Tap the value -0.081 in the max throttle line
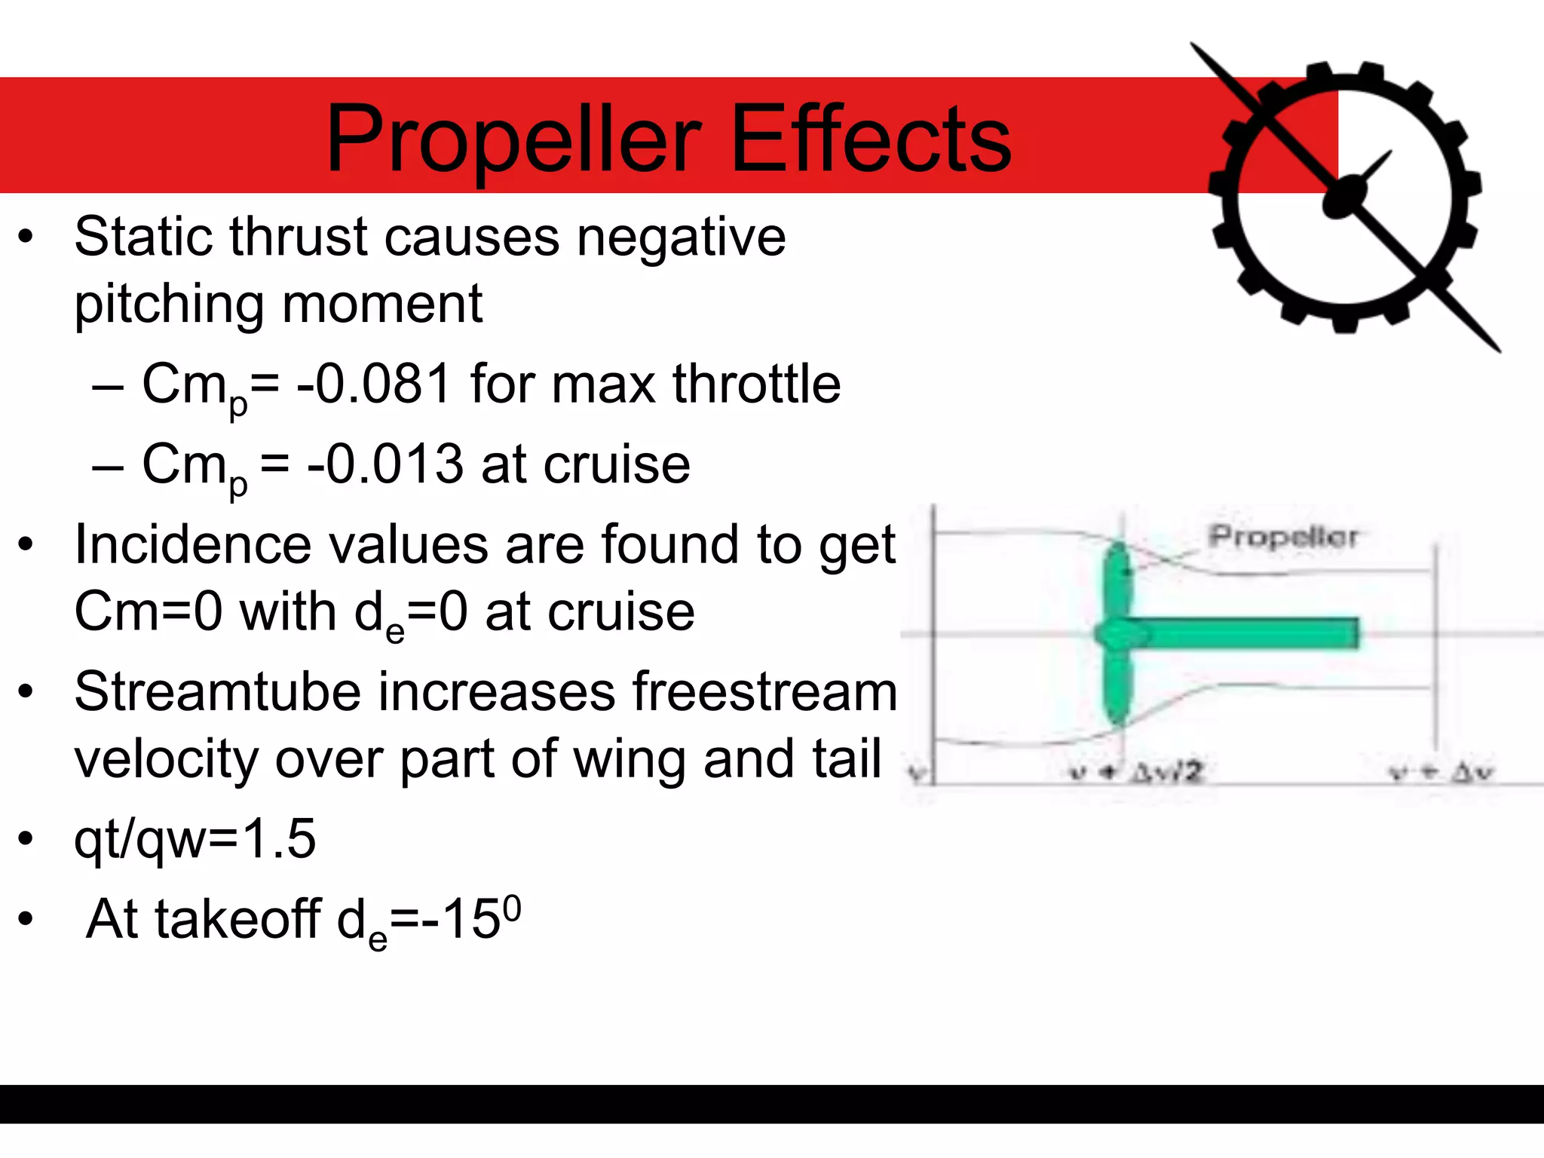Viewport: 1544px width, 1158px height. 374,384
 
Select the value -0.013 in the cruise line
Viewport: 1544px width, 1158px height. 384,464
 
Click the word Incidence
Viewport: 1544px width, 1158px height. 192,544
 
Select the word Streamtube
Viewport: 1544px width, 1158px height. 217,691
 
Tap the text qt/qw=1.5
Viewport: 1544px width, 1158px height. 195,838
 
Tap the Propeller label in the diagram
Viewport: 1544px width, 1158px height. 1282,537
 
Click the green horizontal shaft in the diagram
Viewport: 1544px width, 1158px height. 1251,633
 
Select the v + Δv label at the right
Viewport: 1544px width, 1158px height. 1441,772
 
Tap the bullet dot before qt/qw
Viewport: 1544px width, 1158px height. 26,838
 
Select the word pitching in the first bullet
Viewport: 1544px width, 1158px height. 169,305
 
